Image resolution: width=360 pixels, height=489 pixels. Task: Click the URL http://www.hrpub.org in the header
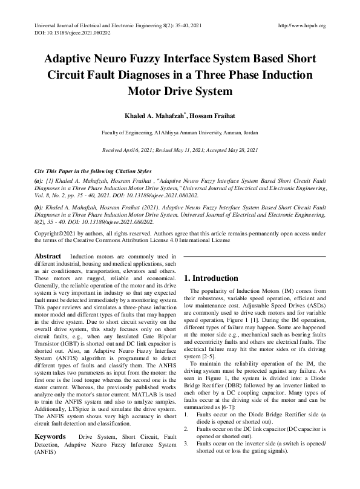click(x=301, y=25)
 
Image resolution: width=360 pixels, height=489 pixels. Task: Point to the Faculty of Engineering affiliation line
click(x=180, y=131)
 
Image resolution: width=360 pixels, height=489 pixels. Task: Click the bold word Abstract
click(x=48, y=257)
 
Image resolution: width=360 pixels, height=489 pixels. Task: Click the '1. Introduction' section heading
click(x=211, y=278)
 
